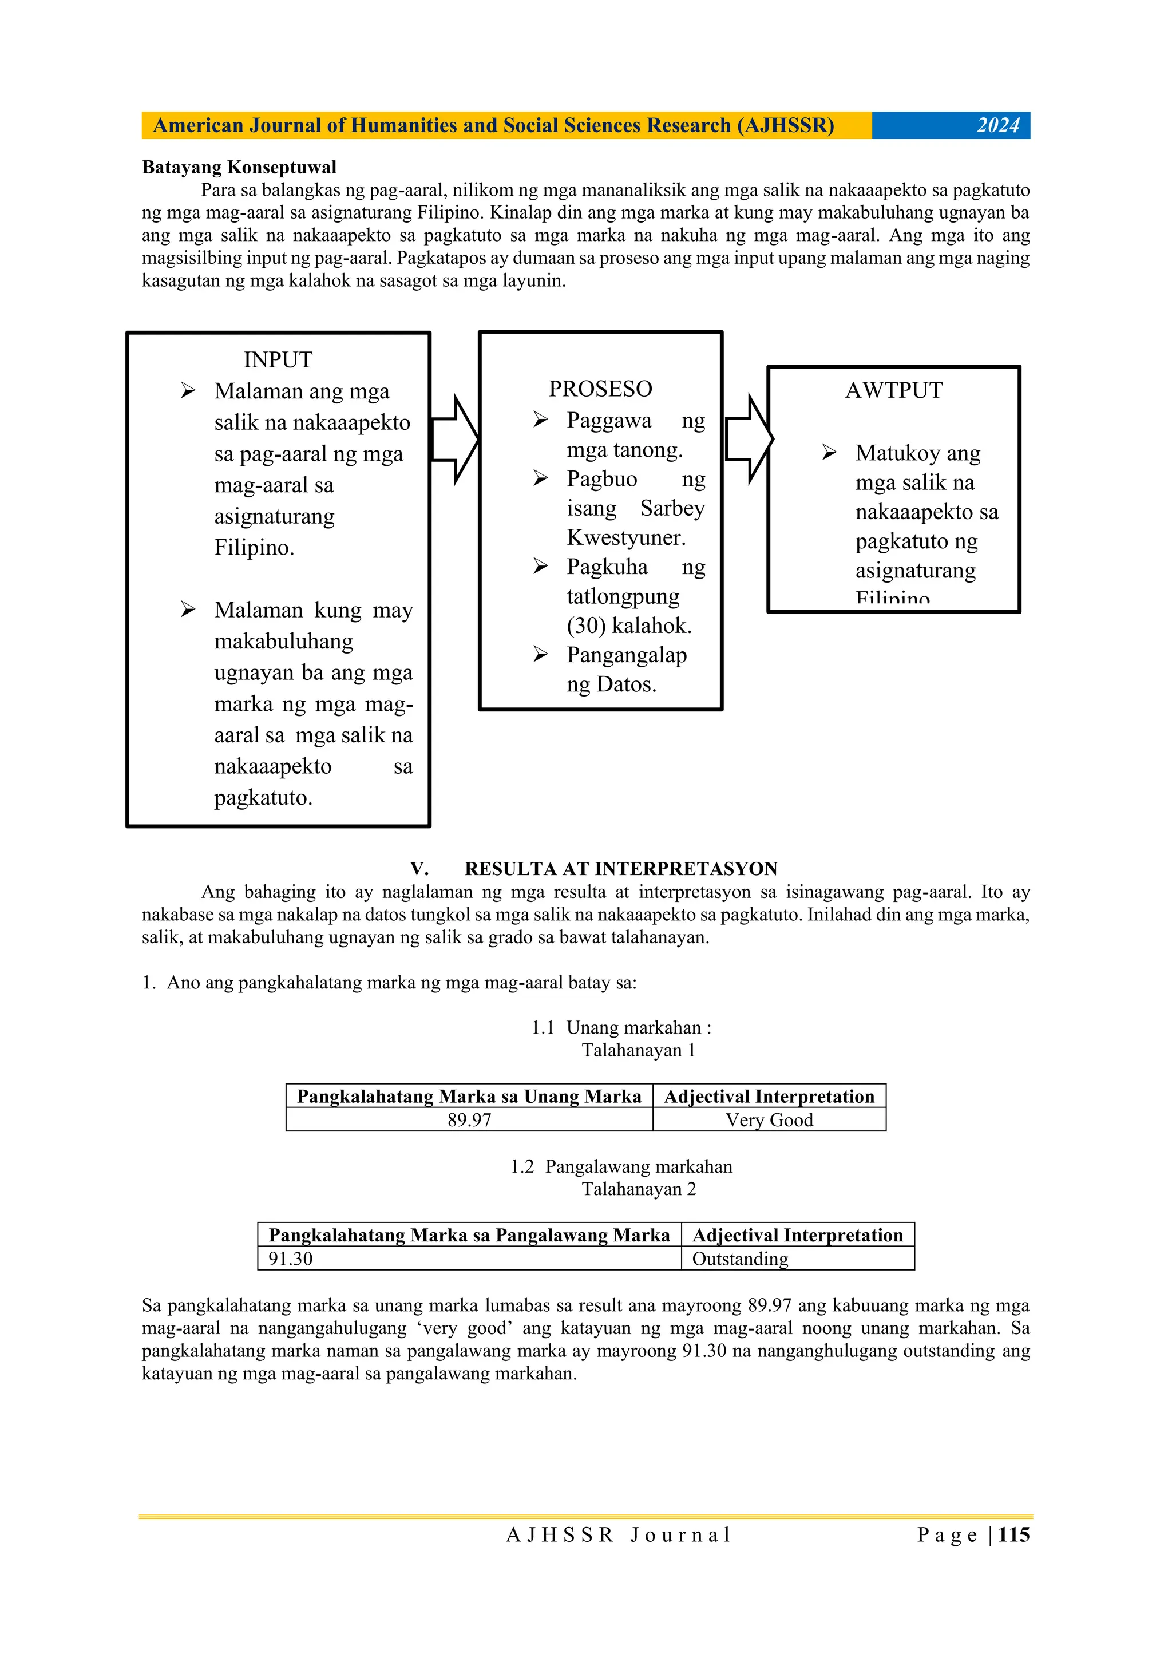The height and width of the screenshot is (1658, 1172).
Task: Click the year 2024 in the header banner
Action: pos(997,126)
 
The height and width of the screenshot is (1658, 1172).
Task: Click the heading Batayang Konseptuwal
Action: pos(239,168)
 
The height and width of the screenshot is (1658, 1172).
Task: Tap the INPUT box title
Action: pos(278,359)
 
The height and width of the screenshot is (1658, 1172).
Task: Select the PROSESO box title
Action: pos(600,389)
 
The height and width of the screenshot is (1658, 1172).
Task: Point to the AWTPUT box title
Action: pos(893,391)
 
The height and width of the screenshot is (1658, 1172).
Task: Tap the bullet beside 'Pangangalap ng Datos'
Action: pos(540,654)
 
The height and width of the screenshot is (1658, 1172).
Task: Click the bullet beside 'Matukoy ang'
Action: pos(829,453)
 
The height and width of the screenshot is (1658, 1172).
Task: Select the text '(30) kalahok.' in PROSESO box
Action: pos(629,626)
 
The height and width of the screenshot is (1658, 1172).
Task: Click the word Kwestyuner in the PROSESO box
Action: pos(625,538)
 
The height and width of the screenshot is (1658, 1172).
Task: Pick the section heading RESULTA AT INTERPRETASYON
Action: pos(621,869)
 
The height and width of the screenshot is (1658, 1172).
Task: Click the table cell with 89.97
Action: pos(469,1120)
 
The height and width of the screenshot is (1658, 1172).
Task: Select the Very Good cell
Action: pos(769,1120)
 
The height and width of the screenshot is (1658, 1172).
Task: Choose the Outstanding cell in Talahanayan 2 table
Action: pos(740,1259)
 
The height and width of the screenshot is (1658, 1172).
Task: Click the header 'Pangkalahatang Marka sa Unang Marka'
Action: pos(469,1096)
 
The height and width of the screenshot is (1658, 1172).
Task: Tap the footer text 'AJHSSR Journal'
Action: pos(619,1536)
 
